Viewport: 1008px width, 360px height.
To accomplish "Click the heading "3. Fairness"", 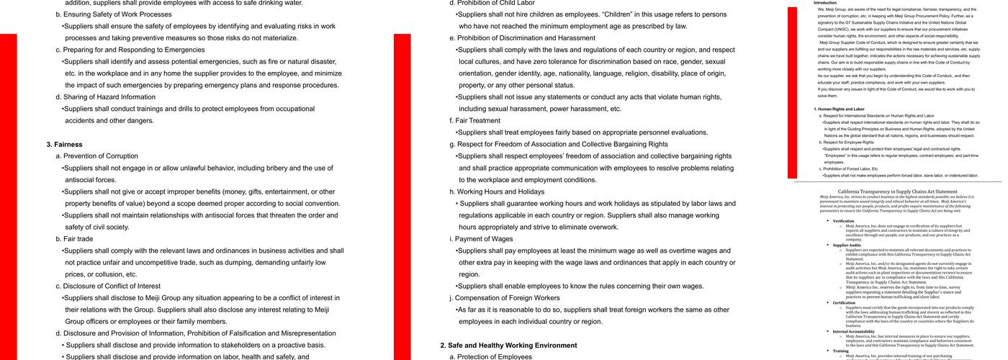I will coord(64,144).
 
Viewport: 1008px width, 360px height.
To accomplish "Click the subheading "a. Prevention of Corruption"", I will coord(101,156).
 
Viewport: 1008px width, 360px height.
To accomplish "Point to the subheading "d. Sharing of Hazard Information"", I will coord(105,97).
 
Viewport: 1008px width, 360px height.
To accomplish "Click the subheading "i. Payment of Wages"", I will coord(482,239).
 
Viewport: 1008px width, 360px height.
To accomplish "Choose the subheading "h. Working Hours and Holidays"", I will coord(497,192).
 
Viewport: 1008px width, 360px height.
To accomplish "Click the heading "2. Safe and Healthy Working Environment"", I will coord(508,345).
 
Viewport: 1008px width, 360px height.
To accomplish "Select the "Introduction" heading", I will coord(825,3).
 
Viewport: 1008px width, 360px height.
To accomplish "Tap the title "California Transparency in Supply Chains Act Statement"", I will coord(897,192).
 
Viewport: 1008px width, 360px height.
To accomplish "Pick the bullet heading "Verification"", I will coord(843,221).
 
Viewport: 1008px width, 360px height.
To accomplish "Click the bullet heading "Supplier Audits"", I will coord(847,246).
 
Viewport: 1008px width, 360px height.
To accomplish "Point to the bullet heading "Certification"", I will coord(844,303).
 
